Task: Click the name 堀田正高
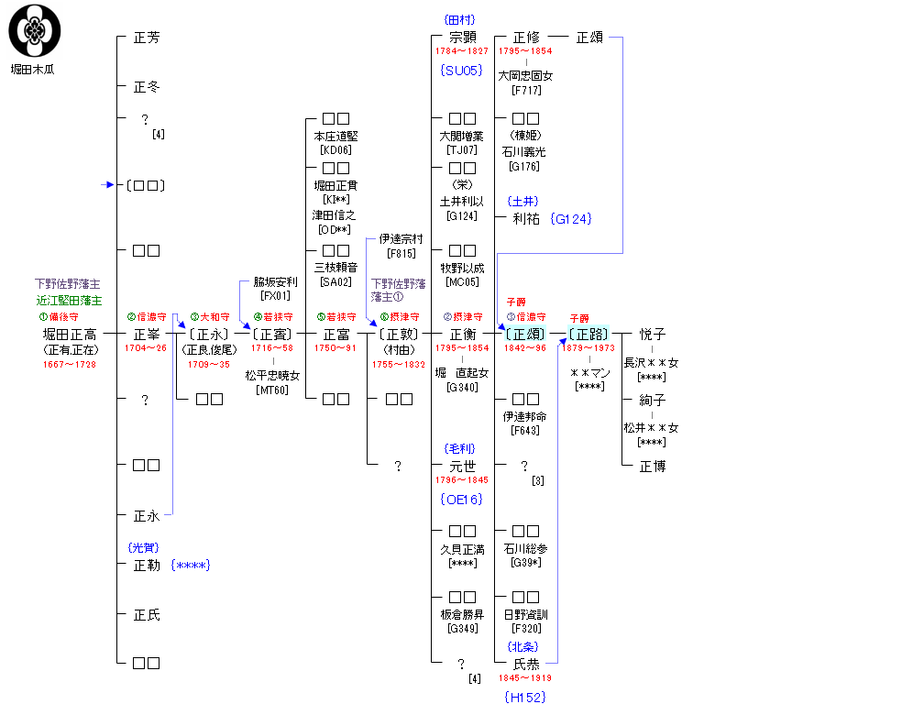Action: [70, 335]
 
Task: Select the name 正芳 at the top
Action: [147, 38]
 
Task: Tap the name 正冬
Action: [147, 87]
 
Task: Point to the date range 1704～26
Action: [147, 348]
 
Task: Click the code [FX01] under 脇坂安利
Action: [275, 295]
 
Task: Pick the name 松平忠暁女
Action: [272, 376]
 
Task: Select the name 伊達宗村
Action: [401, 239]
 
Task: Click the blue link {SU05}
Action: [460, 70]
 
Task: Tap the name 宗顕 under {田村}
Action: [463, 38]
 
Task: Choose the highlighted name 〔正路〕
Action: [588, 335]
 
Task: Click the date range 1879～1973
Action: [588, 348]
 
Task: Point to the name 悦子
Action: [653, 335]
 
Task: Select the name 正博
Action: [653, 467]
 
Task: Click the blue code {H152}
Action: [525, 697]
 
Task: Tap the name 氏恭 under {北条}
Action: [526, 664]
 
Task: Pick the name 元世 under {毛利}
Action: [463, 467]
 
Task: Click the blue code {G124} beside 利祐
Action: [571, 219]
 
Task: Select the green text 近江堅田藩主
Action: [70, 301]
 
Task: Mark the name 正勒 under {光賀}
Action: [147, 566]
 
